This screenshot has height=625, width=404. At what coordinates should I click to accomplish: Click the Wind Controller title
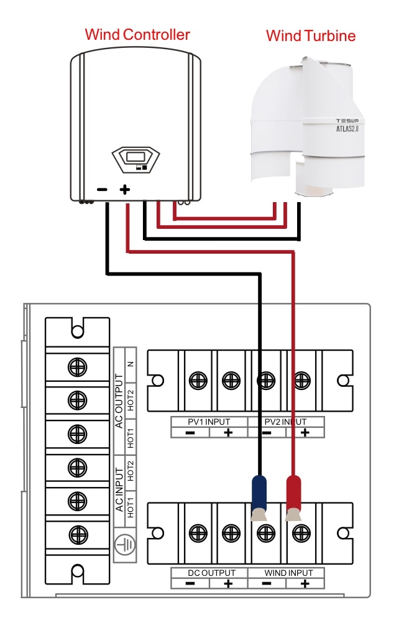tap(137, 35)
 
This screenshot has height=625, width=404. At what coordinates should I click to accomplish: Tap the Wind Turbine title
tap(311, 35)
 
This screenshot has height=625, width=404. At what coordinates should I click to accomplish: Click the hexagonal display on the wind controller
tap(135, 160)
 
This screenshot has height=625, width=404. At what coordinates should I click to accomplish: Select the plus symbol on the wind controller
tap(125, 189)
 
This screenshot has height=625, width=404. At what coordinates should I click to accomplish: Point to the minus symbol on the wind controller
tap(102, 189)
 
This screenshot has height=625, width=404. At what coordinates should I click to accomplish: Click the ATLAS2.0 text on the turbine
tap(347, 129)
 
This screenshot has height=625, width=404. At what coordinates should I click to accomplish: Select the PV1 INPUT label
tap(209, 422)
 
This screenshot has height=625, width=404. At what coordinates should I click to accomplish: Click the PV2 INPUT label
tap(285, 422)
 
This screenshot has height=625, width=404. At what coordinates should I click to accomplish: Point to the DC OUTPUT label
tap(211, 573)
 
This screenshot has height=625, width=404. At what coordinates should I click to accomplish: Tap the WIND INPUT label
tap(288, 573)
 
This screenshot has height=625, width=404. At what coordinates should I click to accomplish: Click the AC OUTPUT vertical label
tap(119, 401)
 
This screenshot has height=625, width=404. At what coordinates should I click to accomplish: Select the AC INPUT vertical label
tap(119, 490)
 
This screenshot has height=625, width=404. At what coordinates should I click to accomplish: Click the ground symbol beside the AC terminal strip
tap(125, 544)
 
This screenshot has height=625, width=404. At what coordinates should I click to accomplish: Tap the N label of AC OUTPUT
tap(131, 364)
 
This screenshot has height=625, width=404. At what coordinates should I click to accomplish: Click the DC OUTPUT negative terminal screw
tap(198, 533)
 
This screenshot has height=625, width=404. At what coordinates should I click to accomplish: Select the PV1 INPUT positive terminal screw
tap(231, 381)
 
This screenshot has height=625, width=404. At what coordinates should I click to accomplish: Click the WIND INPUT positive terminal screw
tap(301, 533)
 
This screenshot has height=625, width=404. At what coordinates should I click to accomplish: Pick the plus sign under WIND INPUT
tap(305, 583)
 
